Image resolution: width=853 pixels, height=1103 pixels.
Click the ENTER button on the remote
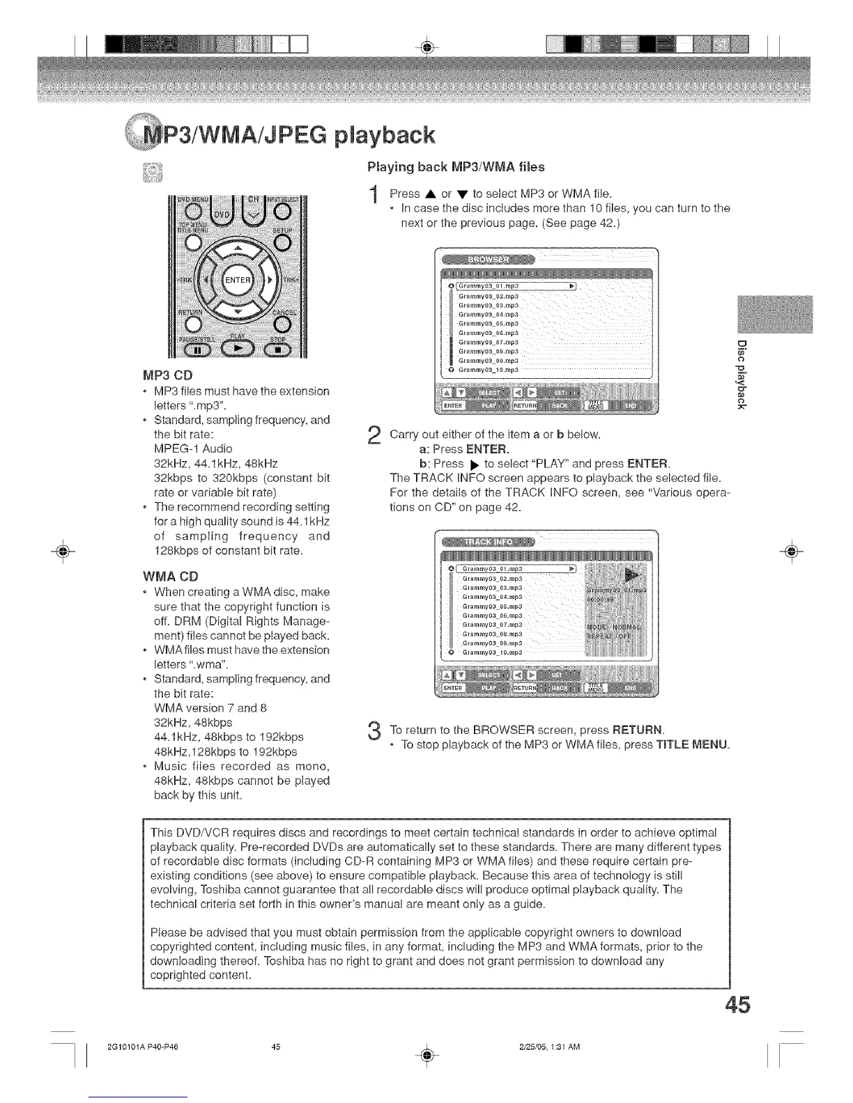tap(237, 280)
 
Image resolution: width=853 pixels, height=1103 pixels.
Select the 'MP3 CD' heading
tap(163, 377)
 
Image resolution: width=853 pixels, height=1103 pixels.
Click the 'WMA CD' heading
tap(170, 577)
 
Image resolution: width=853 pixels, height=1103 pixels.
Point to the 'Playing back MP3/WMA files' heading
tap(456, 167)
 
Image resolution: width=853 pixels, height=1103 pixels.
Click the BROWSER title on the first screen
tap(489, 260)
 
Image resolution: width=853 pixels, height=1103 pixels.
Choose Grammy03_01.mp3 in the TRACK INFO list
tap(492, 568)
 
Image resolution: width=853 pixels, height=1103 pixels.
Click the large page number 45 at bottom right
tap(737, 1006)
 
